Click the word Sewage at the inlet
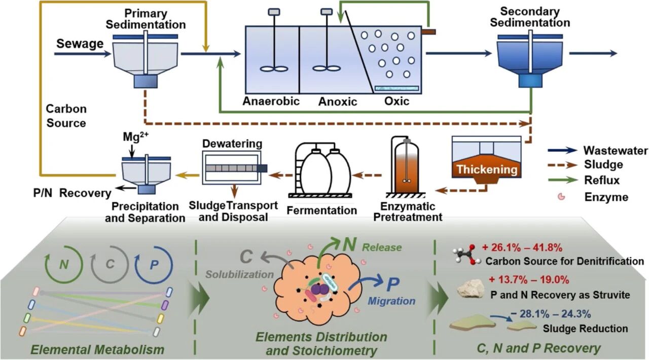pyautogui.click(x=80, y=45)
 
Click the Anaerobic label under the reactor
pyautogui.click(x=271, y=101)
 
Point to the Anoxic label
pyautogui.click(x=337, y=101)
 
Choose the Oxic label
pyautogui.click(x=396, y=101)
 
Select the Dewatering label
pyautogui.click(x=232, y=144)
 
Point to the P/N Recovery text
pyautogui.click(x=70, y=193)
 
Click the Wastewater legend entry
pyautogui.click(x=615, y=151)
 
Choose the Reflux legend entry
pyautogui.click(x=601, y=180)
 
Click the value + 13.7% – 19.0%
pyautogui.click(x=529, y=279)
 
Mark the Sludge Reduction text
pyautogui.click(x=585, y=329)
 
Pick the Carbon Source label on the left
pyautogui.click(x=66, y=116)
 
